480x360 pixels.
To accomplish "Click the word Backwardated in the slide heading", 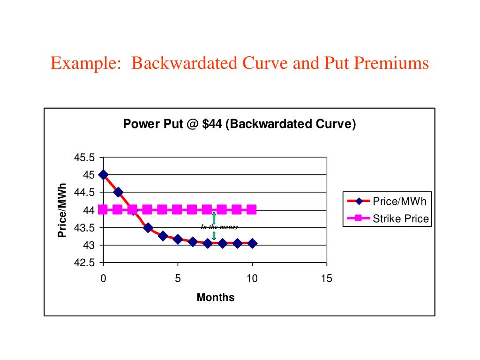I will [178, 63].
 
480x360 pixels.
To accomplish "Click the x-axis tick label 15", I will [326, 279].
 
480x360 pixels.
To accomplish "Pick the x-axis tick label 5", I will [178, 279].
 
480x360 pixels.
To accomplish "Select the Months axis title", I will [215, 297].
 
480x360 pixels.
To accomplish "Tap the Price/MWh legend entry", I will [399, 202].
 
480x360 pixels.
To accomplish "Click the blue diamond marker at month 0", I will [104, 175].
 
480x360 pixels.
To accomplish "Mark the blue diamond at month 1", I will [118, 192].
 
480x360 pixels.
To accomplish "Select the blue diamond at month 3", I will [148, 228].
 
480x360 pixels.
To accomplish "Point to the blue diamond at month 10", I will [252, 243].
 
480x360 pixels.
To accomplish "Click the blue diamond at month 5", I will [178, 240].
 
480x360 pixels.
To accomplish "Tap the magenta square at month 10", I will [252, 210].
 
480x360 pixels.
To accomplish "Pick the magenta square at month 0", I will [104, 210].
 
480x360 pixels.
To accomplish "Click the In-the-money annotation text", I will [219, 227].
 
